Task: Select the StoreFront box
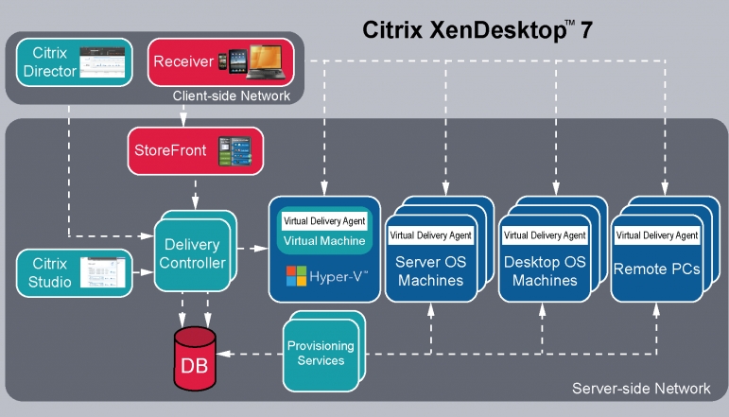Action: tap(195, 152)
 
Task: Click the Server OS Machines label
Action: tap(429, 270)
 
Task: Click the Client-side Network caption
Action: tap(231, 96)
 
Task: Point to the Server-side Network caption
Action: tap(641, 389)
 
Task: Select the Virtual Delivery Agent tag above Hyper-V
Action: tap(324, 220)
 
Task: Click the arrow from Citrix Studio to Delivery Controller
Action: tap(143, 271)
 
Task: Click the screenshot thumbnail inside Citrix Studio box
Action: tap(102, 271)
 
